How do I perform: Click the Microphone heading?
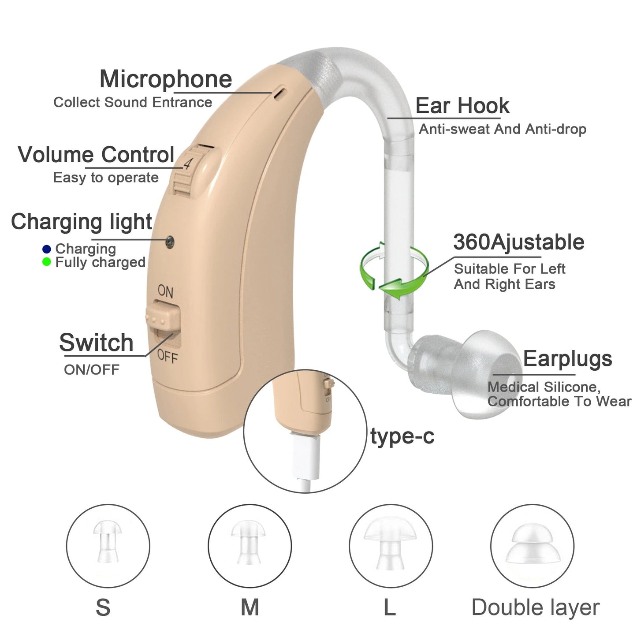click(166, 79)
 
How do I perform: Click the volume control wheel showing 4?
click(190, 170)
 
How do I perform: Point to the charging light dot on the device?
click(170, 241)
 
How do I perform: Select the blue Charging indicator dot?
click(47, 249)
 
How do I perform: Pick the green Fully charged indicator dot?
click(47, 262)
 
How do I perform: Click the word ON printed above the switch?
click(165, 291)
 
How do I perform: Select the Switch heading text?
click(96, 343)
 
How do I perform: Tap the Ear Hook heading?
click(462, 106)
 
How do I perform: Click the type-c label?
click(402, 436)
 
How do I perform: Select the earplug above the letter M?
click(249, 542)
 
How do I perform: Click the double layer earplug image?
click(532, 544)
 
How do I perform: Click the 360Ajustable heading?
click(518, 242)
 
